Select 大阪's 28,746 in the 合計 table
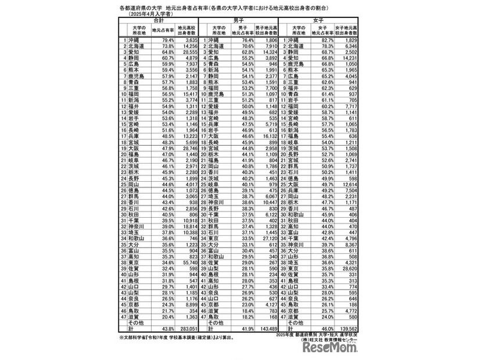pyautogui.click(x=188, y=148)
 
